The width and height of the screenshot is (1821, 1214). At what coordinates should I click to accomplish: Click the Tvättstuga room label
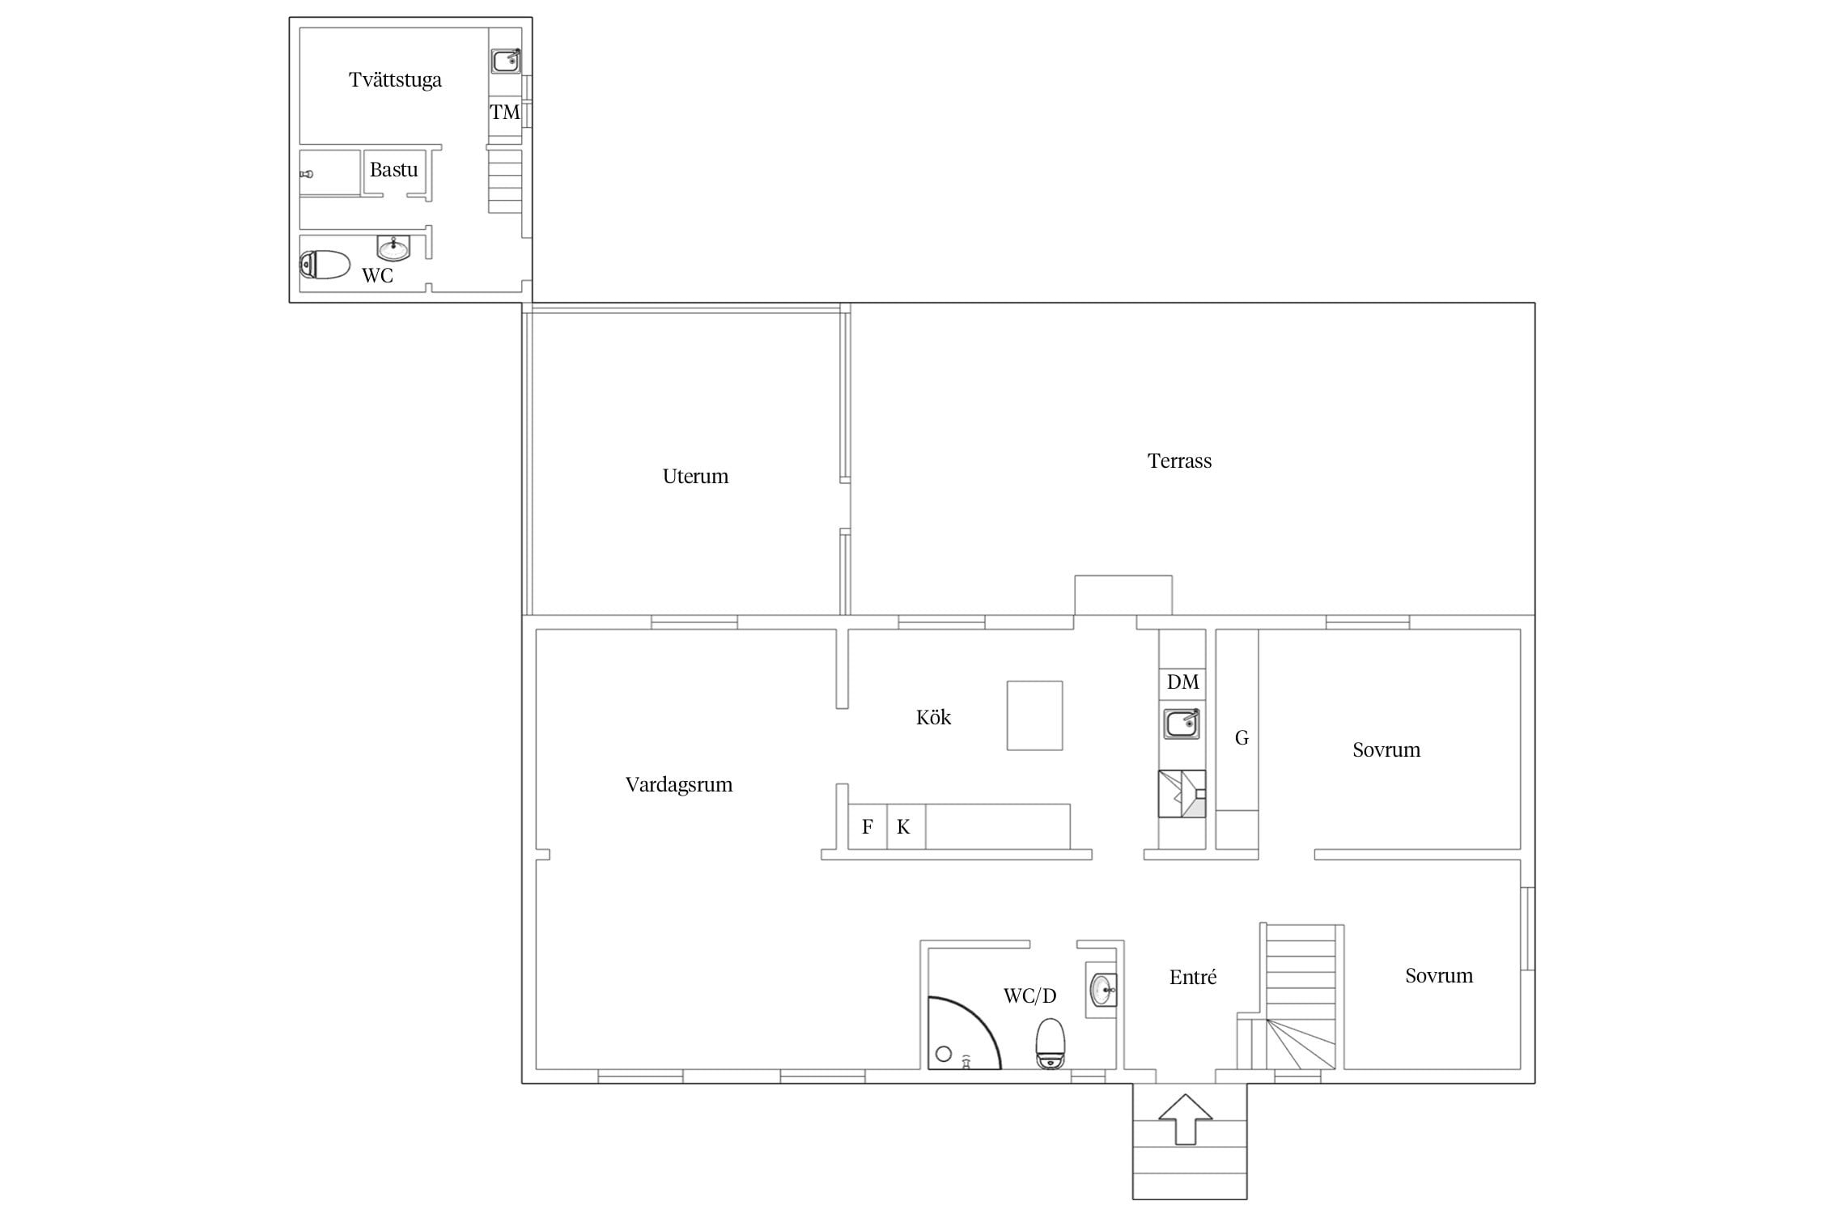coord(395,79)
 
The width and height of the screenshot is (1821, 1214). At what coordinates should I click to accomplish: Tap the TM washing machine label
coord(505,112)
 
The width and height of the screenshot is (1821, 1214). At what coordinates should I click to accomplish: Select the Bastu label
coord(393,170)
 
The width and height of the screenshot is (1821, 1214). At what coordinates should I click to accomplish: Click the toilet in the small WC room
coord(325,265)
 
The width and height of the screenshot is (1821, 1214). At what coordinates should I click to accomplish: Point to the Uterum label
coord(695,476)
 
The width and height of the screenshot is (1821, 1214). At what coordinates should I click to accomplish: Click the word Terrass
coord(1179,461)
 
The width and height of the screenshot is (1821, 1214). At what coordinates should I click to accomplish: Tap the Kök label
coord(933,717)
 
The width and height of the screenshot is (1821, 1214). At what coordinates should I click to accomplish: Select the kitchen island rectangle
coord(1034,715)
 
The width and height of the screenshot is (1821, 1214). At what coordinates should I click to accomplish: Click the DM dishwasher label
coord(1182,681)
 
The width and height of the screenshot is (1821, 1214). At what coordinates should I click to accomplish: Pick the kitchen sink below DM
coord(1182,723)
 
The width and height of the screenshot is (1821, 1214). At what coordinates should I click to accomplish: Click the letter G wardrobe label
coord(1242,738)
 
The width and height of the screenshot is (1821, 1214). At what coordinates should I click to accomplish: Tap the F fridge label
coord(868,826)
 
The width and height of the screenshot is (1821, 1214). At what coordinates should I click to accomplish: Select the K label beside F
coord(903,826)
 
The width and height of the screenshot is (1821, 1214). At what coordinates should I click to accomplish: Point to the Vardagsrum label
coord(679,784)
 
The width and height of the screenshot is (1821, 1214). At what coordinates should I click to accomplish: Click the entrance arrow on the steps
coord(1186,1119)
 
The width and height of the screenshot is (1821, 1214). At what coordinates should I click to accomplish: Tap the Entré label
coord(1193,978)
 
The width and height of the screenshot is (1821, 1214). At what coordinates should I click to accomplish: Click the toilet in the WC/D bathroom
coord(1051,1043)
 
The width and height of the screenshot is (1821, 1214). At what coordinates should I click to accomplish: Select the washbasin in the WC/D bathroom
coord(1102,988)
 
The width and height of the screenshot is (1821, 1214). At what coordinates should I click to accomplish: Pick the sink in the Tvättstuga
coord(506,60)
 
